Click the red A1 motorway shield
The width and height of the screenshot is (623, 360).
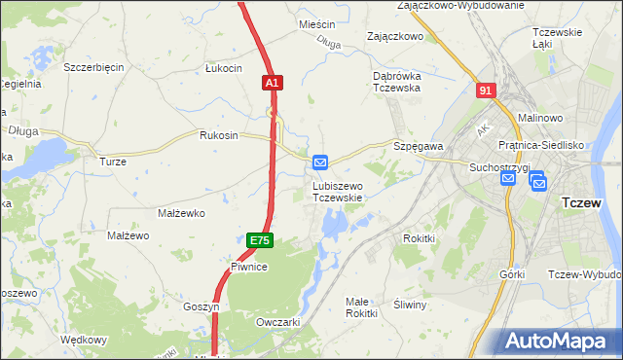coord(273,85)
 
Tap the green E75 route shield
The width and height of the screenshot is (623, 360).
coord(258,240)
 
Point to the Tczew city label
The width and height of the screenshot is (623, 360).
coord(586,203)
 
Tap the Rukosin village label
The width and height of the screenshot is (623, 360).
coord(218,135)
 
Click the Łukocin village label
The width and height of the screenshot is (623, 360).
coord(223,68)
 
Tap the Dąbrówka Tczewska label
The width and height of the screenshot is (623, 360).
coord(396,82)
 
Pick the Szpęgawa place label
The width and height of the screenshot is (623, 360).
coord(419,146)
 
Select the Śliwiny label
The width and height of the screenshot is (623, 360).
coord(410,305)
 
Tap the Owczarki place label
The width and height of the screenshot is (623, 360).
coord(276,322)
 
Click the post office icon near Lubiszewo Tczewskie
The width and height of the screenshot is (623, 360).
coord(321,162)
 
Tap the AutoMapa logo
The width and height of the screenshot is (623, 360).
coord(559,342)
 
